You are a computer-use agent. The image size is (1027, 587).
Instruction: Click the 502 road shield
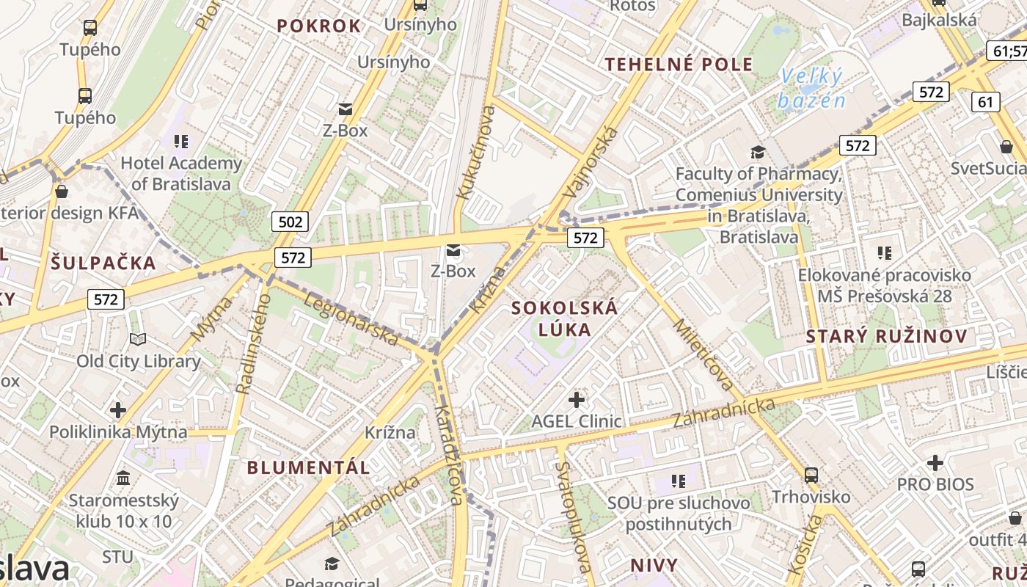[x=290, y=222]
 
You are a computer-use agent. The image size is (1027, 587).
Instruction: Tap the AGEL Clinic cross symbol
[x=577, y=400]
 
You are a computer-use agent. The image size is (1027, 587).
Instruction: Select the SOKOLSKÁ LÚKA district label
[x=565, y=318]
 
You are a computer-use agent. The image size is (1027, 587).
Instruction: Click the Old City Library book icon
[x=138, y=339]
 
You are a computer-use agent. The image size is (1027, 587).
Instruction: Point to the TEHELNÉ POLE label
[x=679, y=65]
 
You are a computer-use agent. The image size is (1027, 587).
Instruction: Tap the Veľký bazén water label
[x=812, y=88]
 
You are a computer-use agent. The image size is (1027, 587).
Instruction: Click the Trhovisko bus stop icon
[x=811, y=475]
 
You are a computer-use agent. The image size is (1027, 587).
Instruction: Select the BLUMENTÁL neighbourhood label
[x=308, y=467]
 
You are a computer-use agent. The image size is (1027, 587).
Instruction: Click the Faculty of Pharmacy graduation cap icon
[x=758, y=152]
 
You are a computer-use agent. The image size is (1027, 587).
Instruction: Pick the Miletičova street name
[x=703, y=355]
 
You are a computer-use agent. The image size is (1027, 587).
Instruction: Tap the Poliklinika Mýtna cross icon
[x=118, y=409]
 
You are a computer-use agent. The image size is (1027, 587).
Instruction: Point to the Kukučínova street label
[x=476, y=153]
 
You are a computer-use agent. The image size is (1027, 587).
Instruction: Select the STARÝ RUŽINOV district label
[x=886, y=337]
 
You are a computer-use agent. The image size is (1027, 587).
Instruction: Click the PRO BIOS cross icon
[x=935, y=463]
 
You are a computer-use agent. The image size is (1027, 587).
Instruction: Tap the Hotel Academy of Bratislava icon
[x=181, y=141]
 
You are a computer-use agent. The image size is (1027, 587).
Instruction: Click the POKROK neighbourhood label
[x=319, y=26]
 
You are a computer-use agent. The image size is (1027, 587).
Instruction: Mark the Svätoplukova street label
[x=573, y=517]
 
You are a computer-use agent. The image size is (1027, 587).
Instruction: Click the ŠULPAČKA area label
[x=103, y=263]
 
